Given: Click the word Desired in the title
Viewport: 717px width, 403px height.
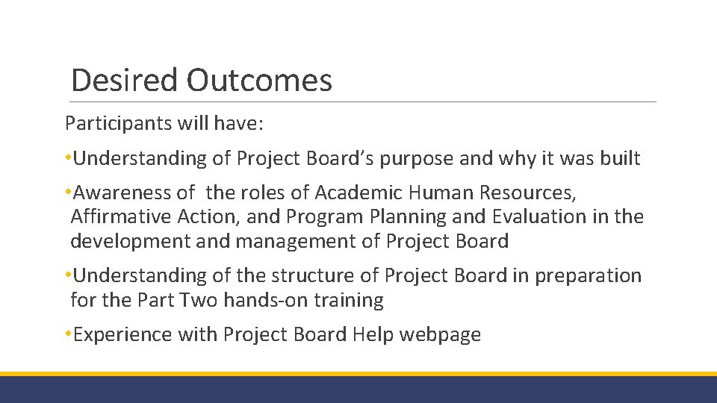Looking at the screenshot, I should [x=124, y=80].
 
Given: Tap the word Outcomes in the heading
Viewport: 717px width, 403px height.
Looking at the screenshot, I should [x=259, y=80].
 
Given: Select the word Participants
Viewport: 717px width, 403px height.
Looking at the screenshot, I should [x=118, y=122].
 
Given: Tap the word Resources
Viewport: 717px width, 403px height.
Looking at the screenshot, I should [x=531, y=193].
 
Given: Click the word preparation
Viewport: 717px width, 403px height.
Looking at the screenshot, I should [x=588, y=275].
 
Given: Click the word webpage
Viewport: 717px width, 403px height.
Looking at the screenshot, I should [x=440, y=334].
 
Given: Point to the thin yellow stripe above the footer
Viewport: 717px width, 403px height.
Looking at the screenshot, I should [x=358, y=374].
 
